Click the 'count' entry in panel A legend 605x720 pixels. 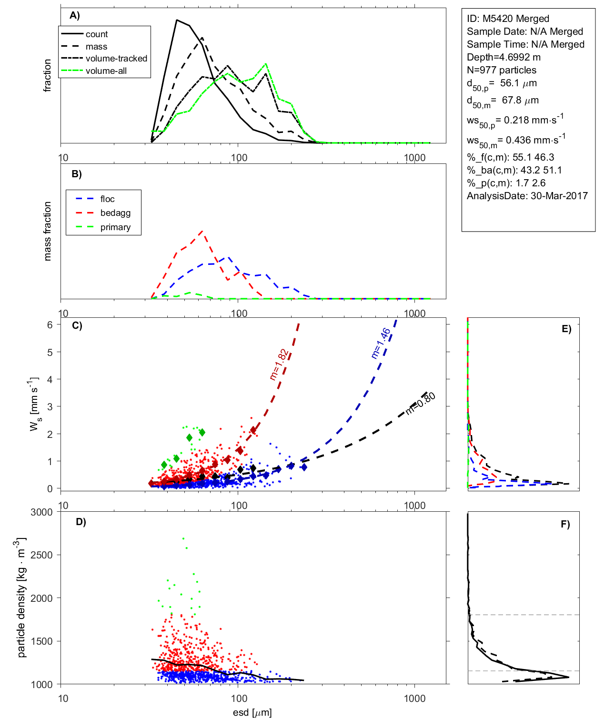97,34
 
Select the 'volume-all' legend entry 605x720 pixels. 106,71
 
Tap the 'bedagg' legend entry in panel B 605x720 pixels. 115,213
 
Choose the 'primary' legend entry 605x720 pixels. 115,227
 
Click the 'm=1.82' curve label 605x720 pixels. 279,365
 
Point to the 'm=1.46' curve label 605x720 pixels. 381,343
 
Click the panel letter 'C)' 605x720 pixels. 77,326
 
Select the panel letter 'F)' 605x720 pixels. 565,525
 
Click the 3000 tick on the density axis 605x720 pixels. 41,512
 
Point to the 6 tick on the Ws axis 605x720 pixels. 50,325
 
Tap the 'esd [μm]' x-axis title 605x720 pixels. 252,713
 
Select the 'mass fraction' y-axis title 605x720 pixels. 47,231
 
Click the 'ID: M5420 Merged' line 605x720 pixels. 508,19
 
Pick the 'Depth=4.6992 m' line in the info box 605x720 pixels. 504,57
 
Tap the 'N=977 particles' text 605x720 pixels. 501,70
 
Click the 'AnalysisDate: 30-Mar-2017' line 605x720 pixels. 527,196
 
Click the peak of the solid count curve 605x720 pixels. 177,20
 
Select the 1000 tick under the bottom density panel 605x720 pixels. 414,699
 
